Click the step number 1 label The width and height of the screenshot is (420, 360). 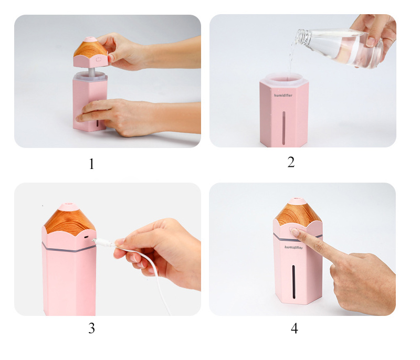click(91, 164)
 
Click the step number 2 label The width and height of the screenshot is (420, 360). click(291, 162)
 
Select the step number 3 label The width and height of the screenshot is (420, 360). click(91, 328)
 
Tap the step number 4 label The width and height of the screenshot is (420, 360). click(295, 329)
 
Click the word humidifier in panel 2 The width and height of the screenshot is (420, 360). click(283, 96)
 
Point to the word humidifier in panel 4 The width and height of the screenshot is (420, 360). click(293, 247)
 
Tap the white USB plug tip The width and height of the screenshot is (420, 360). click(94, 240)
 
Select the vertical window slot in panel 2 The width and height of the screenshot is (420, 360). click(284, 128)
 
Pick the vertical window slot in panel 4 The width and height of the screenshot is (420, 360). click(293, 282)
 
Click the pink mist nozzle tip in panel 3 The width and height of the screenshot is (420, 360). click(67, 207)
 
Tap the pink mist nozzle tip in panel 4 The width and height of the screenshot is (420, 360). click(297, 201)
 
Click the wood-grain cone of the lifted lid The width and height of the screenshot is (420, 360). click(90, 49)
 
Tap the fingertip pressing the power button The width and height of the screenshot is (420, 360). click(295, 232)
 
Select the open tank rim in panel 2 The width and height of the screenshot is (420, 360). click(283, 78)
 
